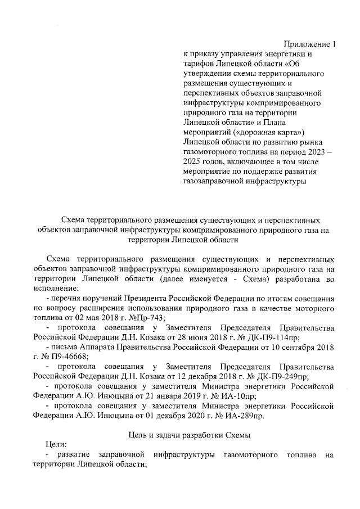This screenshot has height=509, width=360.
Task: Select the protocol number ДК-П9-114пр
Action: click(287, 337)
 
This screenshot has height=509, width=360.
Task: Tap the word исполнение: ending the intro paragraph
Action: click(55, 288)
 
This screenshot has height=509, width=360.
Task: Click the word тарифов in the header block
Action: click(199, 64)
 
